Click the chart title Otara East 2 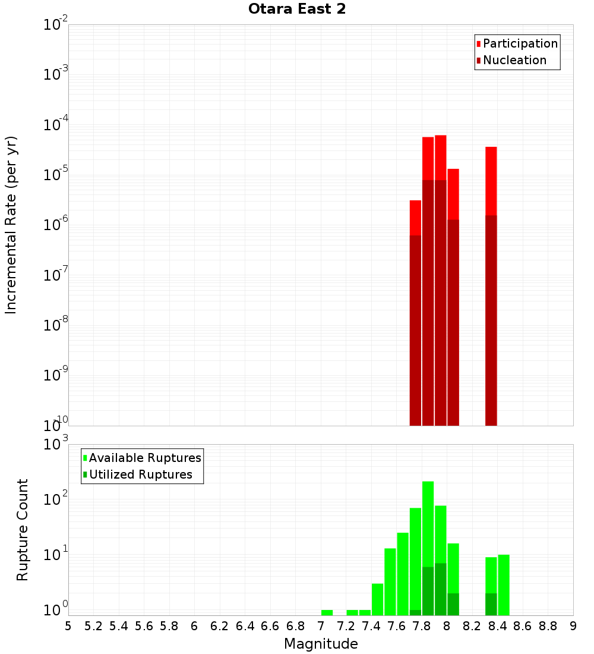296,10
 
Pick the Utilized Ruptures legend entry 140,474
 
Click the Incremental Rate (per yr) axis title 11,225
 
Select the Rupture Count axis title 23,529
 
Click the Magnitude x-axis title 321,644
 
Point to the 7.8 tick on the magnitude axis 422,626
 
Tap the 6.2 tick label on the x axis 220,626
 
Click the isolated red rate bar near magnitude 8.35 491,285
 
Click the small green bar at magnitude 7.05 327,612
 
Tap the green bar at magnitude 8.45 504,584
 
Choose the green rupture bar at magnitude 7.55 390,581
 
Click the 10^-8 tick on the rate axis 55,326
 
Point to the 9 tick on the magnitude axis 573,626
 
